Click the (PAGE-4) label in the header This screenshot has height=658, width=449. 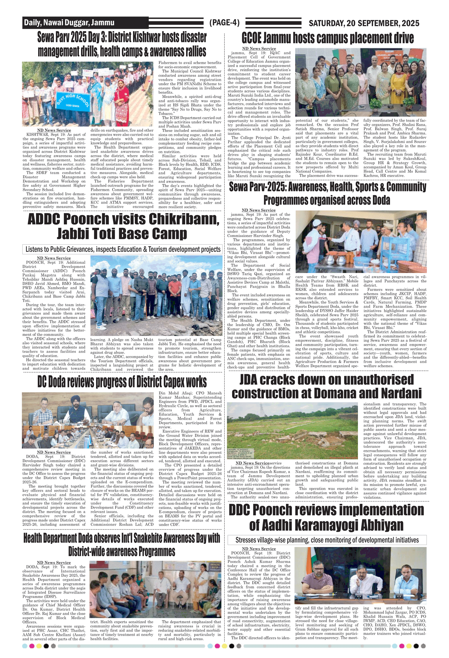(224, 23)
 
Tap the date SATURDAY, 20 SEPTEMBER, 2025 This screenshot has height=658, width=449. (364, 23)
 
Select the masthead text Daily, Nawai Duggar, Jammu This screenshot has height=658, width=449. (69, 23)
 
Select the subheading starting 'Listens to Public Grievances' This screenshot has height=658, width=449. (123, 249)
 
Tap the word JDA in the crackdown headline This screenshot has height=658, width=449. (249, 380)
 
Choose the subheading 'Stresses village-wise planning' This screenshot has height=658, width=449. (327, 540)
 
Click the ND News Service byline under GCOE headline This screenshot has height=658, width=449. (259, 49)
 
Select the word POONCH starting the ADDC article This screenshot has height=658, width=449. (34, 262)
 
